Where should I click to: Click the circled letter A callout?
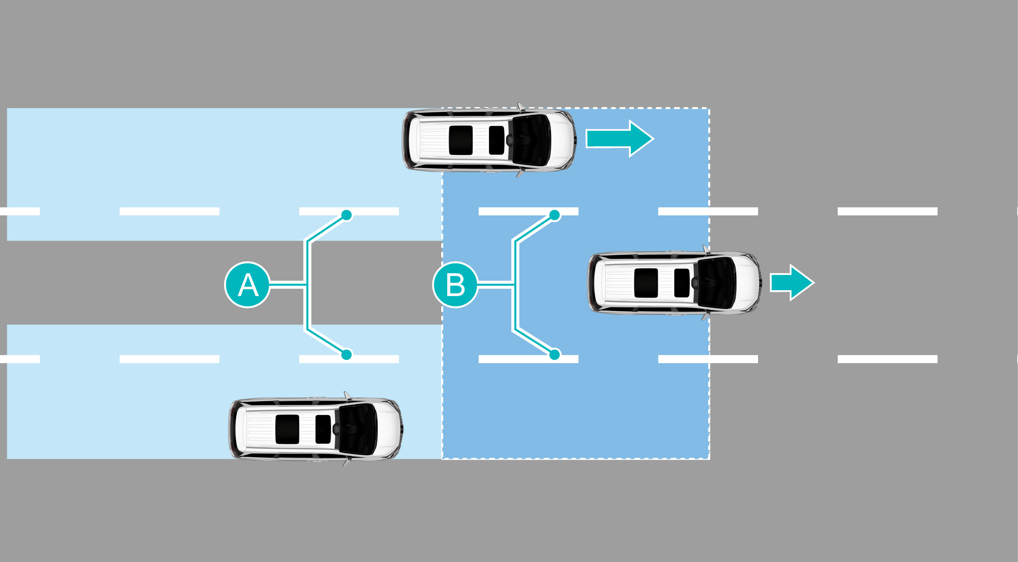[247, 285]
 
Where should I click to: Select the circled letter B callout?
[455, 285]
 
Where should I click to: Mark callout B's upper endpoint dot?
[554, 215]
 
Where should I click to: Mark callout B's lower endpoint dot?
[554, 354]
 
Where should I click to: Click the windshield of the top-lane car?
[531, 140]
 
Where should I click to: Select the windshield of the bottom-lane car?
[358, 429]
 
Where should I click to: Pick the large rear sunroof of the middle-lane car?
[646, 283]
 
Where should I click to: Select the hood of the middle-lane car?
[747, 283]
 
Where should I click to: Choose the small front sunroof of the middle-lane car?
[682, 283]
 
